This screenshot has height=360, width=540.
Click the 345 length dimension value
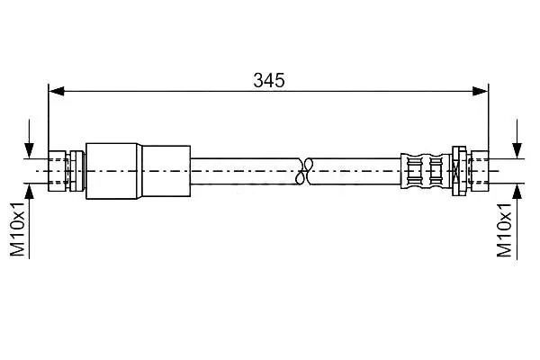click(x=269, y=80)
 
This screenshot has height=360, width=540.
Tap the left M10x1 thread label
click(x=17, y=229)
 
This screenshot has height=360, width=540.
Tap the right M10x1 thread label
click(x=504, y=229)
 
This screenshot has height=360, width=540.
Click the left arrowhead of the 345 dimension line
click(x=57, y=91)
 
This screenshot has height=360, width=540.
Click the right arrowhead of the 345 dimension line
click(x=481, y=91)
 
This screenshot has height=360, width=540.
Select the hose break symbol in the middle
click(x=304, y=171)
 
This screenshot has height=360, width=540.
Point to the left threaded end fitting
click(x=58, y=171)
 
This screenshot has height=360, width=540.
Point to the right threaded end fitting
click(x=480, y=171)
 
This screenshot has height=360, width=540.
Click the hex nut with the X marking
click(x=459, y=171)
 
